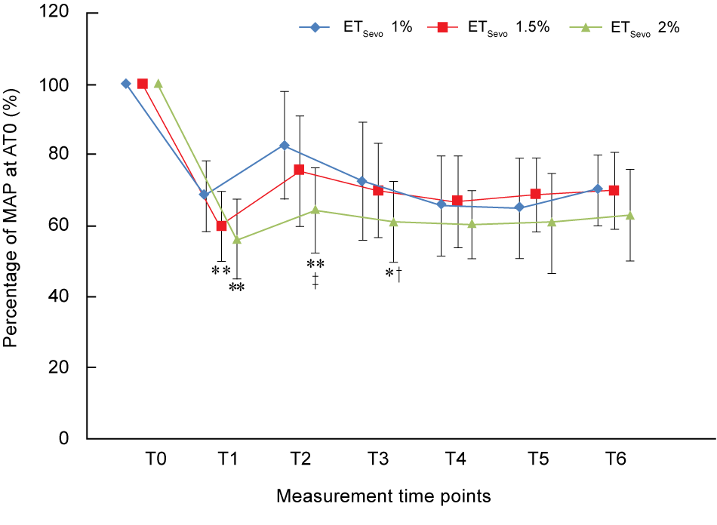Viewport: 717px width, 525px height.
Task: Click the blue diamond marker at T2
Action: point(285,145)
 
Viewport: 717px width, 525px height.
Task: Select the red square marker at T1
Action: point(221,226)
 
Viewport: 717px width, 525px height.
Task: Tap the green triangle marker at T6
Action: point(630,216)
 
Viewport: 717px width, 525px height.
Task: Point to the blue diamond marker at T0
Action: point(125,84)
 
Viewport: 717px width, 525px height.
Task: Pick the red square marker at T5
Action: point(535,194)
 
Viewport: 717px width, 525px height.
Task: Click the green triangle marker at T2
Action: point(315,210)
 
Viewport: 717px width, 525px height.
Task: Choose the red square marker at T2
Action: point(300,170)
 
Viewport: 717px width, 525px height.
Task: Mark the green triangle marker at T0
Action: point(158,84)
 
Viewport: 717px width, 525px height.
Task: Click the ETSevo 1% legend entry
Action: point(355,28)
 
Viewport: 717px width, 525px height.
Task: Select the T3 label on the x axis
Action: point(378,459)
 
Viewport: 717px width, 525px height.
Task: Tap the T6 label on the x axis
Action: point(615,459)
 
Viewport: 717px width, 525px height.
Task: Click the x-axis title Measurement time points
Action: point(383,496)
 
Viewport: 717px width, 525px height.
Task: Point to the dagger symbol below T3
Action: point(398,274)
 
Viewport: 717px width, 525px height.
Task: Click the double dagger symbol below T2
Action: point(315,281)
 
